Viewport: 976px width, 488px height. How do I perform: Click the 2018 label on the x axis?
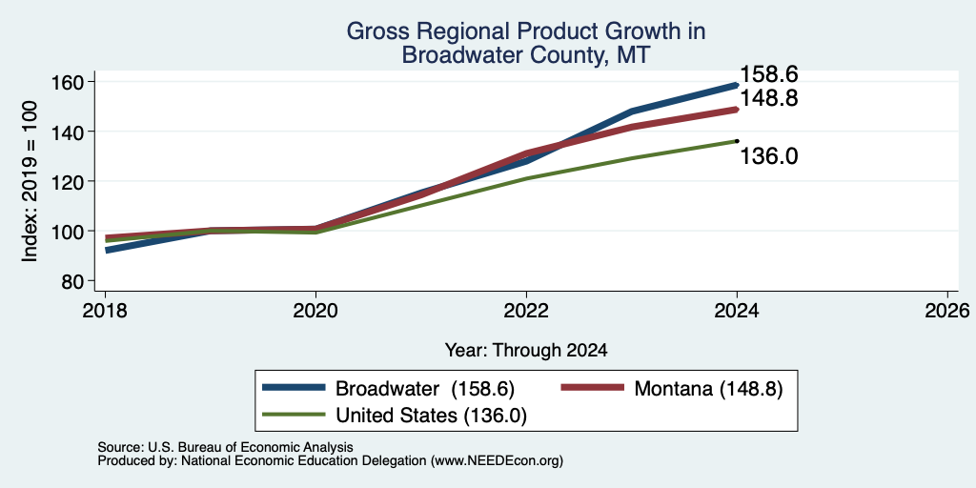coord(105,311)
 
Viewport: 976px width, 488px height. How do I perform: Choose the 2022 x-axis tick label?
coord(526,311)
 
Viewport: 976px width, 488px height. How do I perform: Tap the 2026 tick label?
coord(948,311)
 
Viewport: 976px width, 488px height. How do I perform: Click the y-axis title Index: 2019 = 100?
coord(30,181)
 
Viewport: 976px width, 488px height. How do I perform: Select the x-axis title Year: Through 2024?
coord(526,351)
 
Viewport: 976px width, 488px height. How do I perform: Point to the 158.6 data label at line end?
coord(769,74)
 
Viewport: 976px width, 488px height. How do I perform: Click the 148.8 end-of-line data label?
coord(769,98)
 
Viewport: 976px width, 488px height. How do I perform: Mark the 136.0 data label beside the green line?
coord(769,156)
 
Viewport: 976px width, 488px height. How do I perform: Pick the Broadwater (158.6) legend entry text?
coord(425,389)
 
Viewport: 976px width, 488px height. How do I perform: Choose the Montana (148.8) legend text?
coord(708,389)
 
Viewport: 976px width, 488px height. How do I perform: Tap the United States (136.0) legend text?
coord(432,416)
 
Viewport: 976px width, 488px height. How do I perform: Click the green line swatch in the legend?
coord(294,415)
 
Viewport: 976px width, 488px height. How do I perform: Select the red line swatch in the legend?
coord(593,388)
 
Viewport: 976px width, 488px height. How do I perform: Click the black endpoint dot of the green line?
coord(737,141)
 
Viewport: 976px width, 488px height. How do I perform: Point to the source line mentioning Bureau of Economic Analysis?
coord(225,447)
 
